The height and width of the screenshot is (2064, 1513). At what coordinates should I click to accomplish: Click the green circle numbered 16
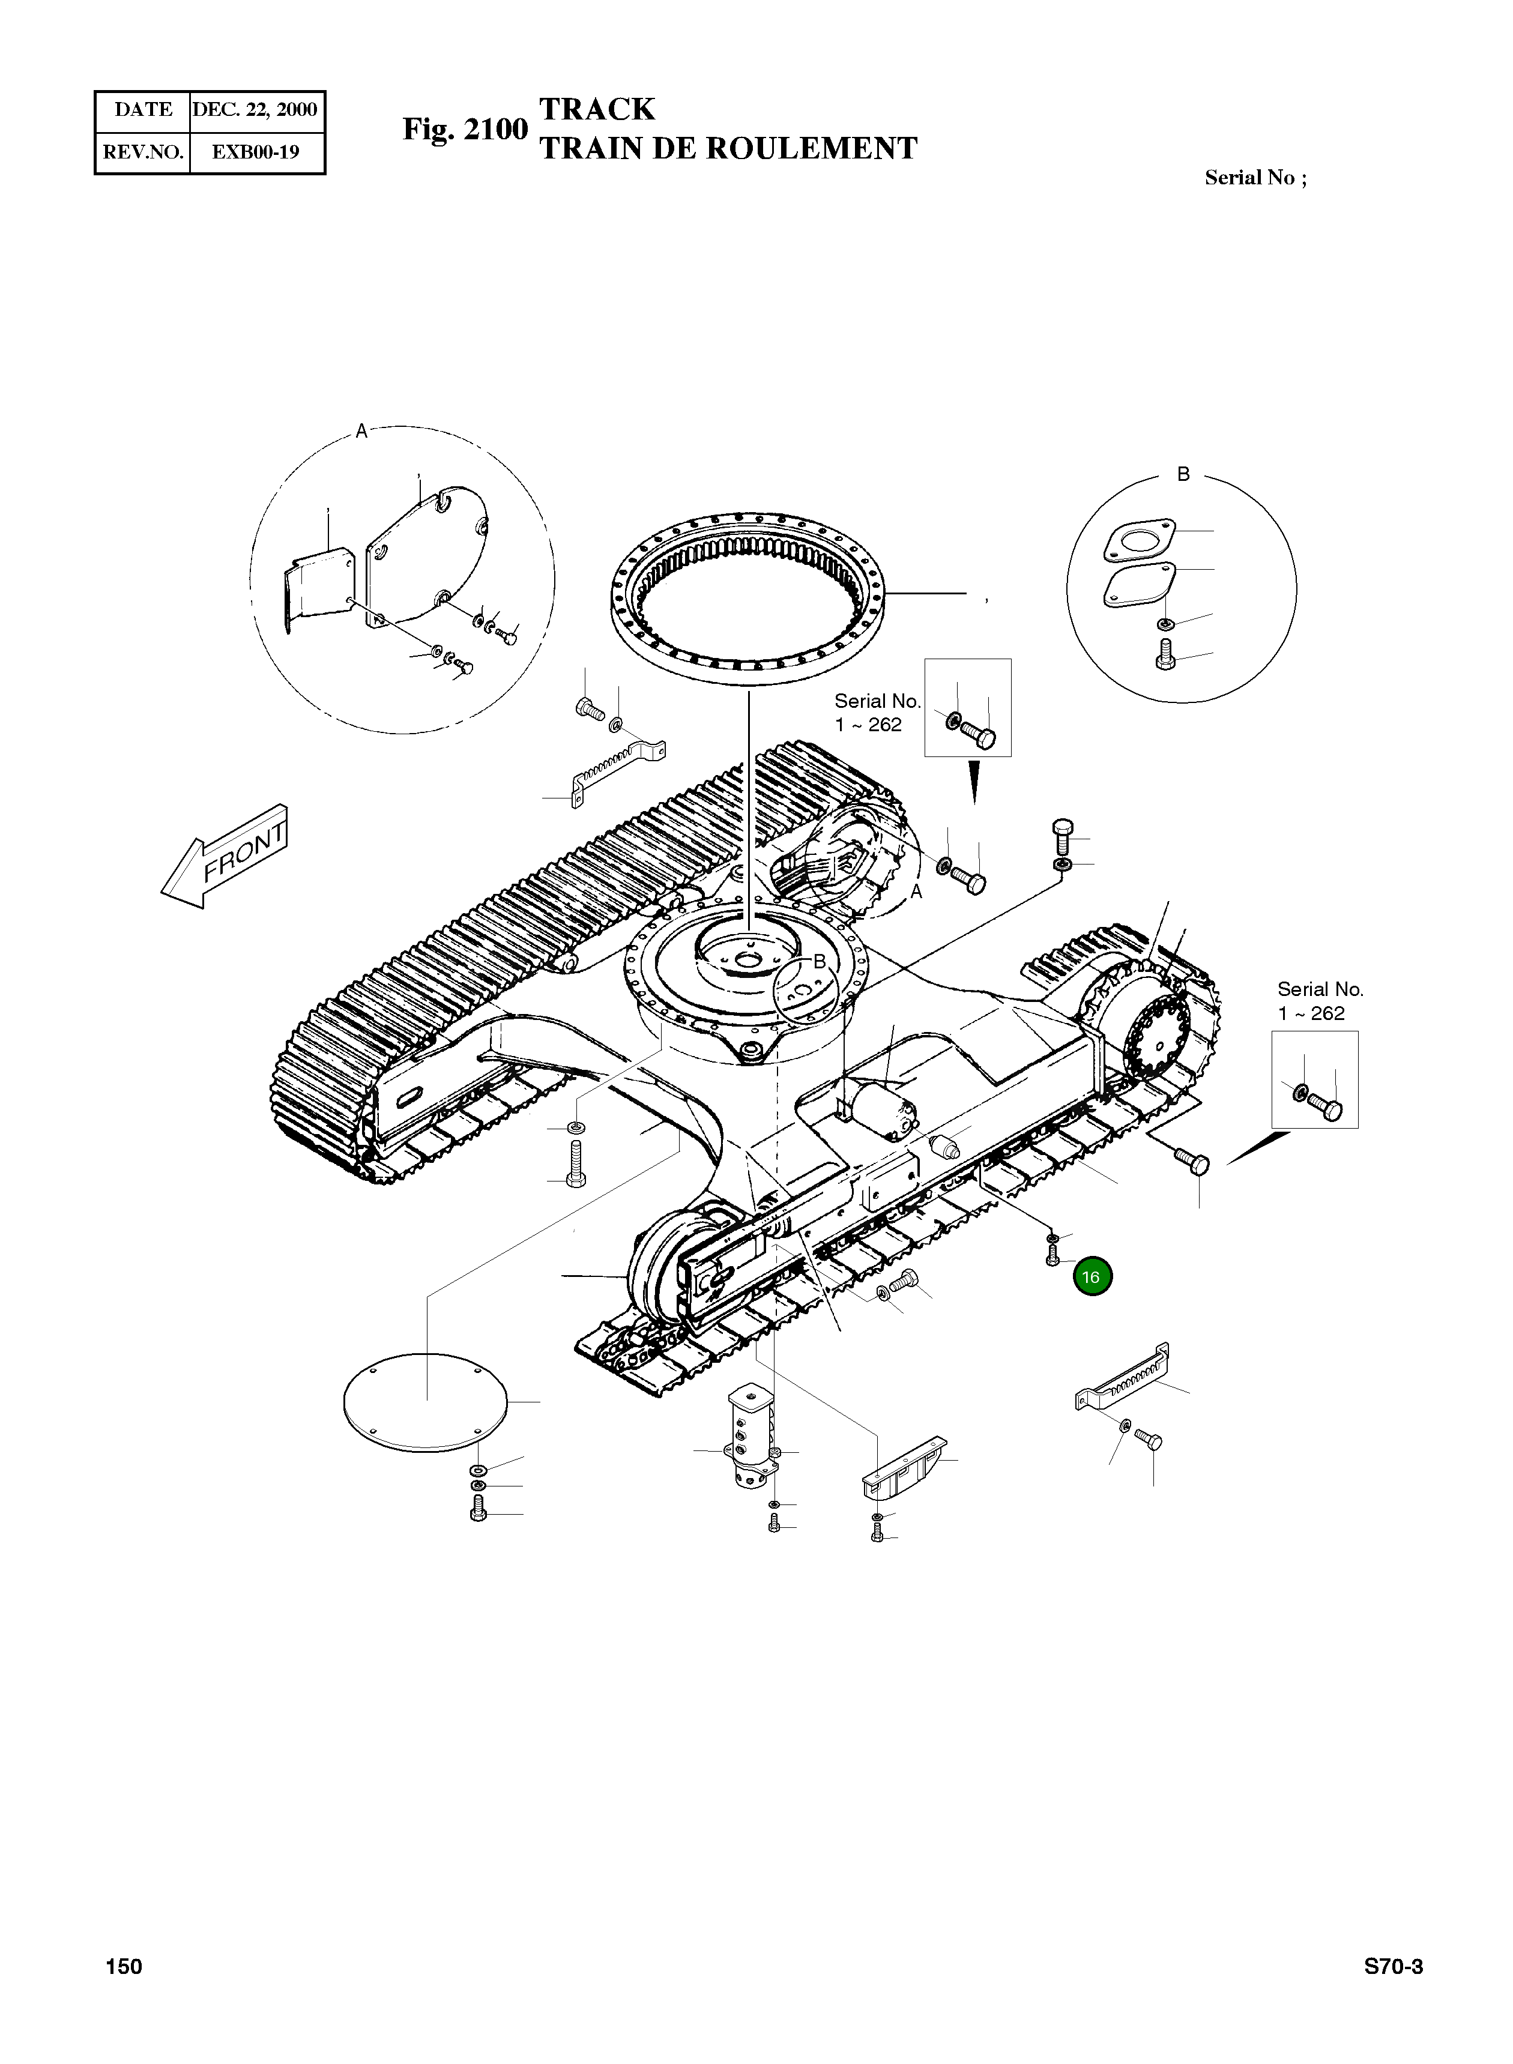[x=1091, y=1278]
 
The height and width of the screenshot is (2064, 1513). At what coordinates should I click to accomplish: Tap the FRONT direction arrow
[x=225, y=855]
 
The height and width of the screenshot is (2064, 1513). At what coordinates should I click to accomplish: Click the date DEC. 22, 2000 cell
[x=255, y=110]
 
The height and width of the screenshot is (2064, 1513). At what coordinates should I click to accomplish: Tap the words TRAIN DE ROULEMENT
[x=728, y=148]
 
